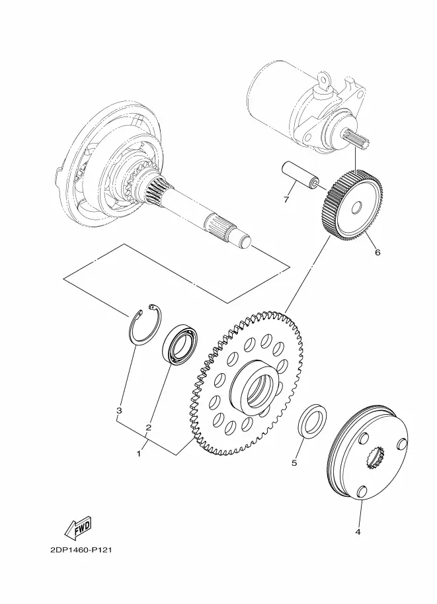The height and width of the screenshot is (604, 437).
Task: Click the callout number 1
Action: coord(139,454)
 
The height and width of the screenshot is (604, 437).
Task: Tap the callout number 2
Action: coord(148,427)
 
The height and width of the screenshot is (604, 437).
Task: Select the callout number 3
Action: coord(119,411)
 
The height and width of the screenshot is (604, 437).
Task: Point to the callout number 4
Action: coord(358,532)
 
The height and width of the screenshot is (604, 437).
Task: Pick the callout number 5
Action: coord(294,462)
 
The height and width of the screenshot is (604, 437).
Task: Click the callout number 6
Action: coord(377,252)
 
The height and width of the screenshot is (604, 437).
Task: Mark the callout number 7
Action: coord(286,200)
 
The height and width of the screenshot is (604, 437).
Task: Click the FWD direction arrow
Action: coord(78,527)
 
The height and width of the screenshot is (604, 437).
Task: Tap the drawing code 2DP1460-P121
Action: coord(81,550)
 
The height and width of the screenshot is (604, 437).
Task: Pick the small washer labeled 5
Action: coord(312,421)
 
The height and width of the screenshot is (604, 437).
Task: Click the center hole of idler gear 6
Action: coord(356,208)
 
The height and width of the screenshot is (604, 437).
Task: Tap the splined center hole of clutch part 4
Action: coord(376,457)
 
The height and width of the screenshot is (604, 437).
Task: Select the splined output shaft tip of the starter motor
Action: coord(356,139)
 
